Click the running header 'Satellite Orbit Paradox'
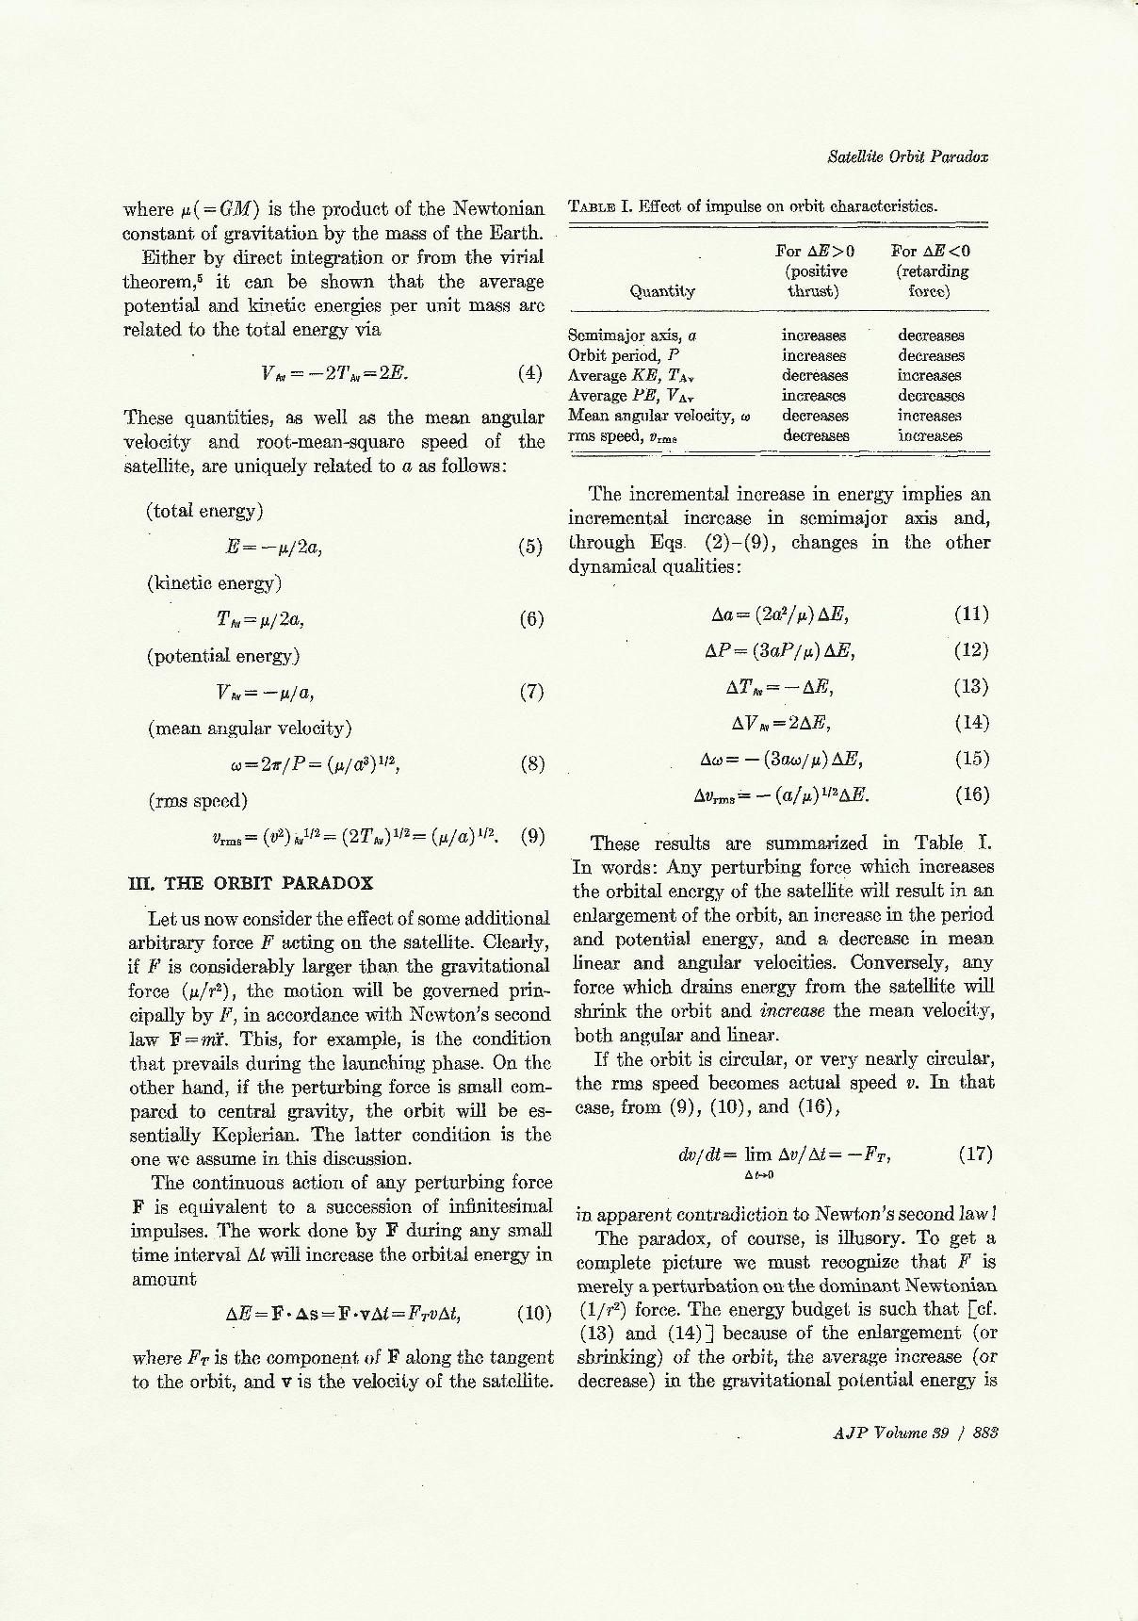pyautogui.click(x=907, y=156)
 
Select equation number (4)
pyautogui.click(x=530, y=371)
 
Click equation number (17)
pyautogui.click(x=975, y=1153)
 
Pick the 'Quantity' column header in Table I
pyautogui.click(x=661, y=291)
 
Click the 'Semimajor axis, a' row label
pyautogui.click(x=632, y=335)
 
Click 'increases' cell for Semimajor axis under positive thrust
pyautogui.click(x=814, y=335)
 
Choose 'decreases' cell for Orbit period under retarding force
pyautogui.click(x=930, y=355)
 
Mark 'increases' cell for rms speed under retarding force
pyautogui.click(x=930, y=435)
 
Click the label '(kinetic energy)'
pyautogui.click(x=214, y=582)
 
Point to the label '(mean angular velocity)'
pyautogui.click(x=250, y=728)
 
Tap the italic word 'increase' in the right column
pyautogui.click(x=792, y=1010)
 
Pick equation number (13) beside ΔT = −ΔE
pyautogui.click(x=971, y=686)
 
